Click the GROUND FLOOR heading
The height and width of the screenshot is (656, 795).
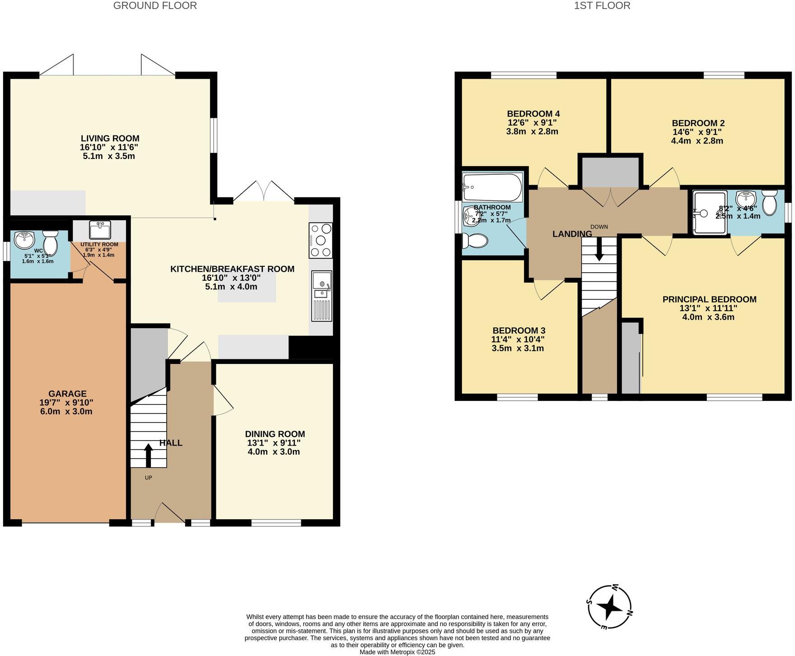point(155,6)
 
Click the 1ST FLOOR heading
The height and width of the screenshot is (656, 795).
point(602,6)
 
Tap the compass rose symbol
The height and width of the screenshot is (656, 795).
point(610,607)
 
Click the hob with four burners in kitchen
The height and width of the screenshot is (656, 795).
point(321,240)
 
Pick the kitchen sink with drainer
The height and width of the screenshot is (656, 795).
point(322,296)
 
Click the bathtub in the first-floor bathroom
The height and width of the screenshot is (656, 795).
point(492,187)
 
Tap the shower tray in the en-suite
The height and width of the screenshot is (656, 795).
point(710,213)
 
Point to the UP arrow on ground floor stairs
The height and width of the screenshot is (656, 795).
point(148,455)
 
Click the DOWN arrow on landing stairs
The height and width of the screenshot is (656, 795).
point(599,249)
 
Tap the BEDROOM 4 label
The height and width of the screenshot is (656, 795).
point(533,114)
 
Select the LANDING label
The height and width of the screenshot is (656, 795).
point(572,234)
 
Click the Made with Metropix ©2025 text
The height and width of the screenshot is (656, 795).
point(397,652)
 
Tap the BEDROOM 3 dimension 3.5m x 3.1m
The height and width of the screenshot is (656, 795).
point(519,348)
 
